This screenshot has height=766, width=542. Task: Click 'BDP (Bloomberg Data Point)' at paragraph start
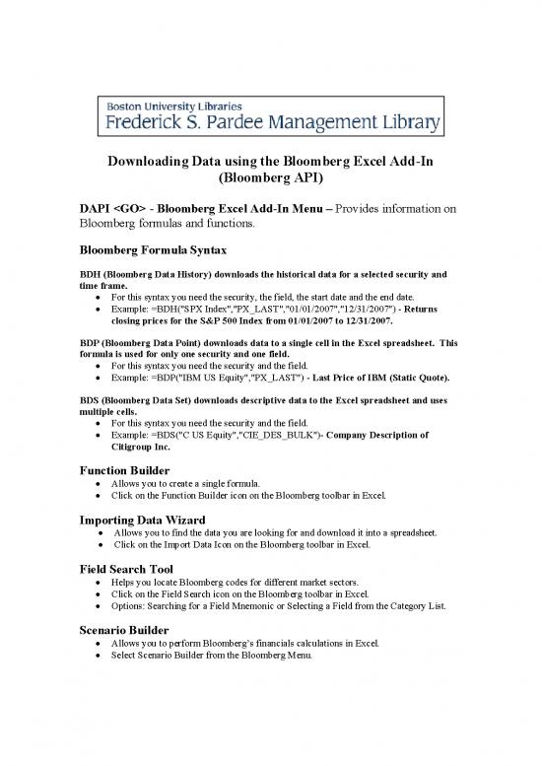137,342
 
